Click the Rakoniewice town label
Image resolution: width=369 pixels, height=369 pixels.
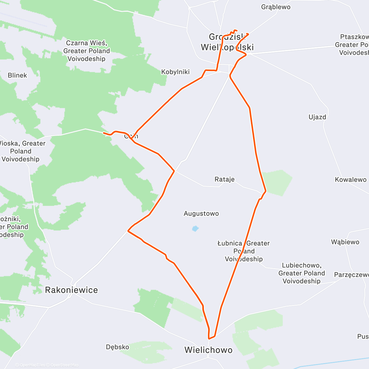[x=71, y=290]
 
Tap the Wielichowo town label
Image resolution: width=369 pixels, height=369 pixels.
[x=208, y=350]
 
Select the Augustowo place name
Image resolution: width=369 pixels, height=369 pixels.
[x=201, y=213]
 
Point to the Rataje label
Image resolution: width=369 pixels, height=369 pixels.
[x=224, y=179]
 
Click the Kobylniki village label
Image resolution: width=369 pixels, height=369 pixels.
[x=175, y=72]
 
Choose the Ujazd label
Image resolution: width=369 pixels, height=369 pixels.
[x=317, y=117]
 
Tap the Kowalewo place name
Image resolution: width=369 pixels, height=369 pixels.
[x=351, y=180]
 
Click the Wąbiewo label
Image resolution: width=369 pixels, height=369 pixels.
[x=345, y=242]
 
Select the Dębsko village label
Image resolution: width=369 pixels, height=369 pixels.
[x=117, y=347]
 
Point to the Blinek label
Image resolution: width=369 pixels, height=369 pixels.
[x=17, y=75]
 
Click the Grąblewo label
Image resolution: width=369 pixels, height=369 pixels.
[x=276, y=7]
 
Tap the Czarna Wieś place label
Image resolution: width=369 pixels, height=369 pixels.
[x=86, y=51]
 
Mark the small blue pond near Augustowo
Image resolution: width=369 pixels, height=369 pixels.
[x=195, y=228]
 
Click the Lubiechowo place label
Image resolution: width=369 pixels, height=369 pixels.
[x=301, y=273]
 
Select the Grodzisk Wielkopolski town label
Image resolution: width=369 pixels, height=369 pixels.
[x=227, y=42]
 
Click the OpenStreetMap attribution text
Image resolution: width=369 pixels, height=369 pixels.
[x=64, y=365]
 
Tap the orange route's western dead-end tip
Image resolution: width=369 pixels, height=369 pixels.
[x=104, y=133]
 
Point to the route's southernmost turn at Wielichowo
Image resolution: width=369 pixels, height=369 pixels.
[x=209, y=338]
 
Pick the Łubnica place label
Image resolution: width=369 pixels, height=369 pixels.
[x=244, y=251]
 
